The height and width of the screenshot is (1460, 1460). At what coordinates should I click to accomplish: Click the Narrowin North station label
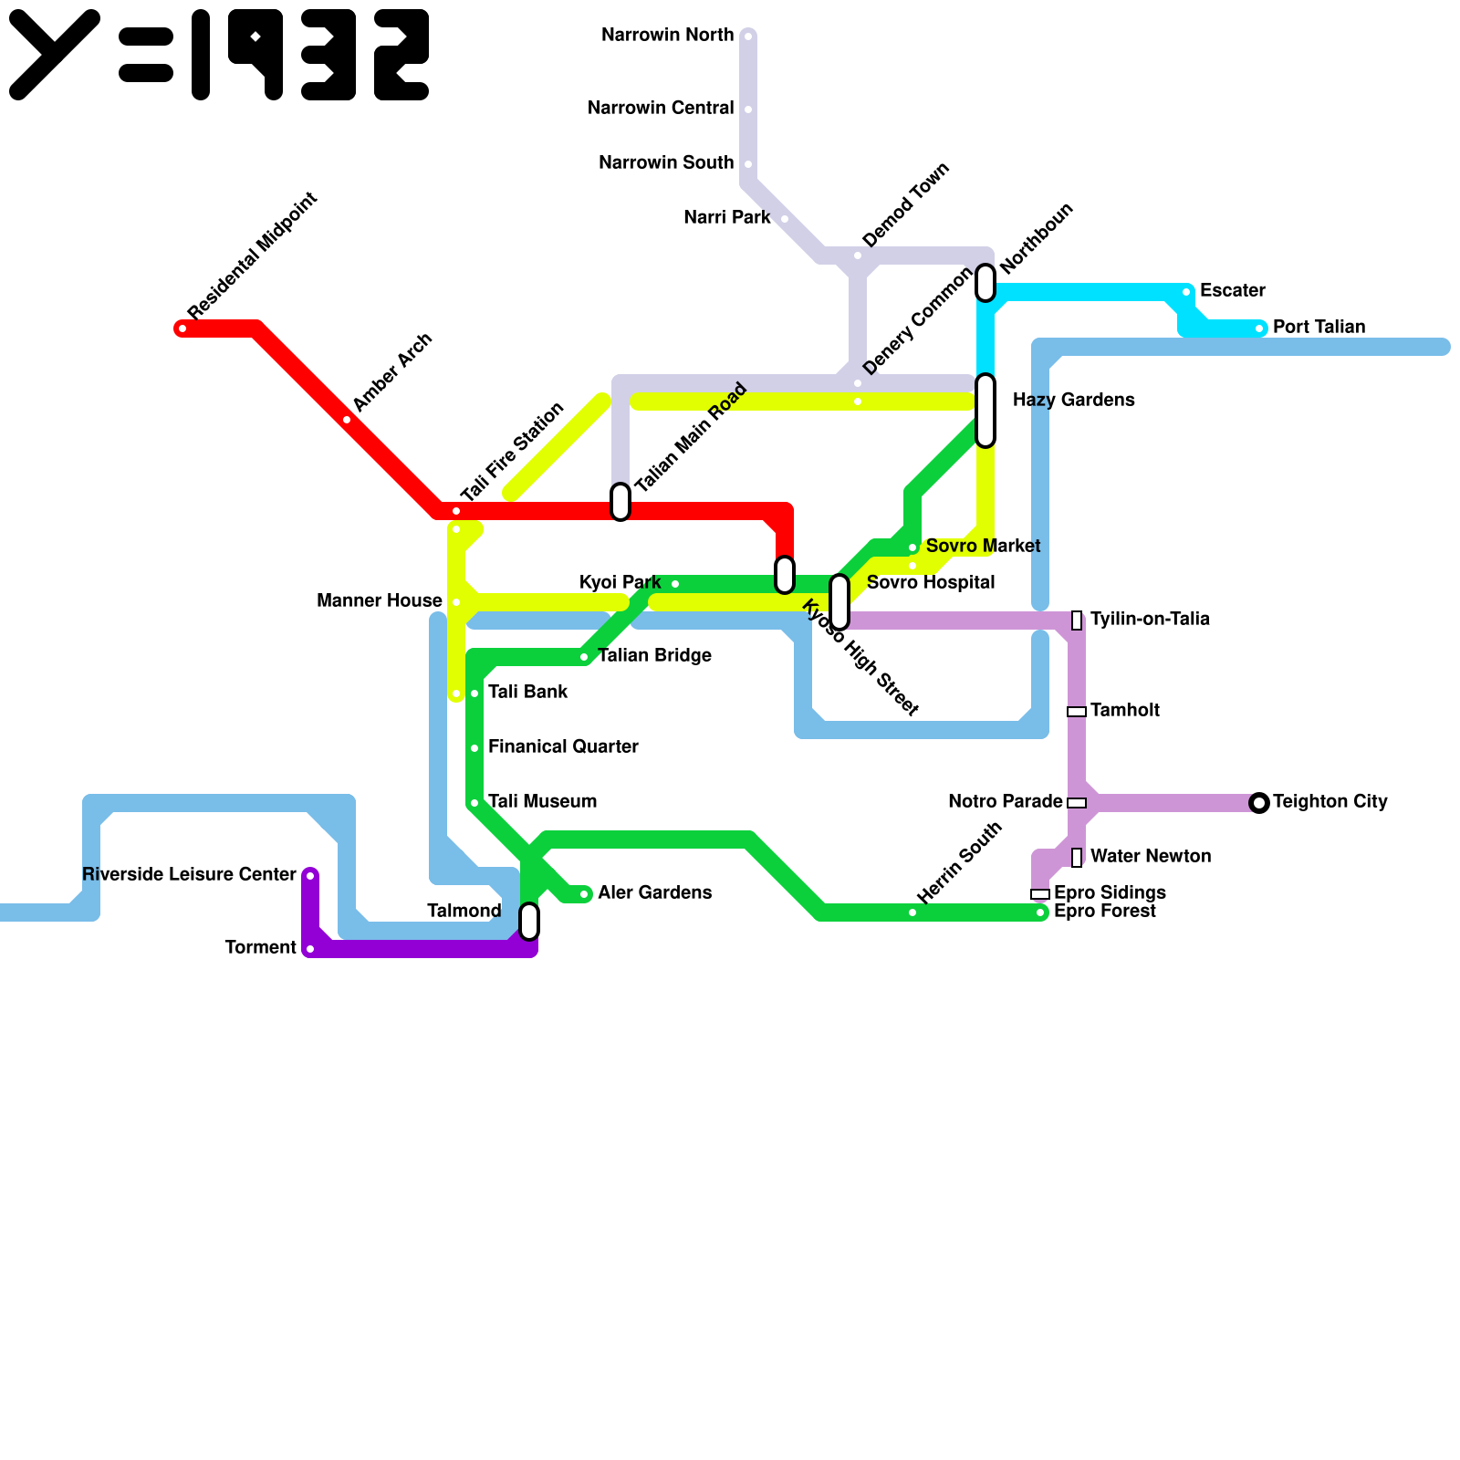[667, 36]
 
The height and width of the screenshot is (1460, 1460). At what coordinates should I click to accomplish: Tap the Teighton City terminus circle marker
[1259, 803]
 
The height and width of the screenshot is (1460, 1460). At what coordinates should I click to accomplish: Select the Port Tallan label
[1319, 328]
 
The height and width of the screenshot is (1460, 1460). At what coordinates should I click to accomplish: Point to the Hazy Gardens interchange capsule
[985, 411]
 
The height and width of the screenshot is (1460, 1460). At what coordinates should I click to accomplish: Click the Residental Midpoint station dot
[182, 328]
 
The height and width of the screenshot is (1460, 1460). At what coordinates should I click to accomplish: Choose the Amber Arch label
[391, 373]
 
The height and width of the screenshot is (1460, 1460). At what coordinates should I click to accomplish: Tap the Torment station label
[261, 948]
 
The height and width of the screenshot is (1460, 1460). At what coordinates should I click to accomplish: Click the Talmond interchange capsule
[529, 922]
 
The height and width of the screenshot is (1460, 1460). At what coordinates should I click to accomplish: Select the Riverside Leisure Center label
[189, 875]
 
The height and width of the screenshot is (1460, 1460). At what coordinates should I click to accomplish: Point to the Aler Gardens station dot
[584, 894]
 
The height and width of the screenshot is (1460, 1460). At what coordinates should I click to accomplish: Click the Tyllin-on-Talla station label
[1150, 620]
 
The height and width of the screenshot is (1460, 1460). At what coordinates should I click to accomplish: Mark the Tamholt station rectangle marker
[1077, 712]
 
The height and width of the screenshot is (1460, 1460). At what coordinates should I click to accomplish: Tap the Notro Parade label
[1005, 802]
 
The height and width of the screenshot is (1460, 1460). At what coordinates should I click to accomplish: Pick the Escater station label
[1232, 291]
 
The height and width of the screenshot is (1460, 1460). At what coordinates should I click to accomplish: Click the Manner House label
[379, 601]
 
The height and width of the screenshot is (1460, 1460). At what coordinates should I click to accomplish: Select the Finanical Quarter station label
[563, 747]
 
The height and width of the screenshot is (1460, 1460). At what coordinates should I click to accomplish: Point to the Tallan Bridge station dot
[584, 657]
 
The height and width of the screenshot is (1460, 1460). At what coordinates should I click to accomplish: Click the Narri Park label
[727, 218]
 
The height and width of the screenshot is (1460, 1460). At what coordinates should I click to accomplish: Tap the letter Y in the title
[55, 55]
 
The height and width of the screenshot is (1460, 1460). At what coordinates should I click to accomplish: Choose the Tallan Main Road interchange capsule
[620, 502]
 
